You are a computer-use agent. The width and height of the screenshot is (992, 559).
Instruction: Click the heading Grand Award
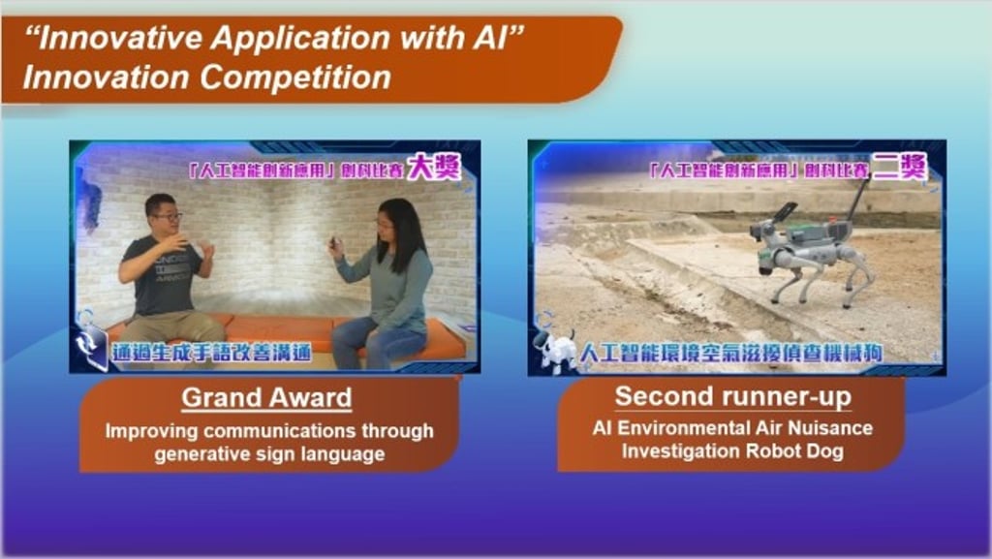[266, 398]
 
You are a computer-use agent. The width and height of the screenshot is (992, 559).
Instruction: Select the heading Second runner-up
[732, 396]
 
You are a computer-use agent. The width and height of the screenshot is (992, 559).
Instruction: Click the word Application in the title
[301, 39]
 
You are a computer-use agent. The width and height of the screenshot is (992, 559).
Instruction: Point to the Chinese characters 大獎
[433, 168]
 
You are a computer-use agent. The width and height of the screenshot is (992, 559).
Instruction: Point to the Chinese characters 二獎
[899, 167]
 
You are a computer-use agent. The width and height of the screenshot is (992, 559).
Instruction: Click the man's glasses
[167, 217]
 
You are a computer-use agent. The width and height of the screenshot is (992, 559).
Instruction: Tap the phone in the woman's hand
[333, 243]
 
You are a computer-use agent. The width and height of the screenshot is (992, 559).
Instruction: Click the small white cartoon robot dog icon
[555, 350]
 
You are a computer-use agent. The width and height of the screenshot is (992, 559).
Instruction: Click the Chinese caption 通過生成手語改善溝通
[211, 353]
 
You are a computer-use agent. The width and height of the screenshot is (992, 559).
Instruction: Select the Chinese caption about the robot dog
[730, 353]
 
